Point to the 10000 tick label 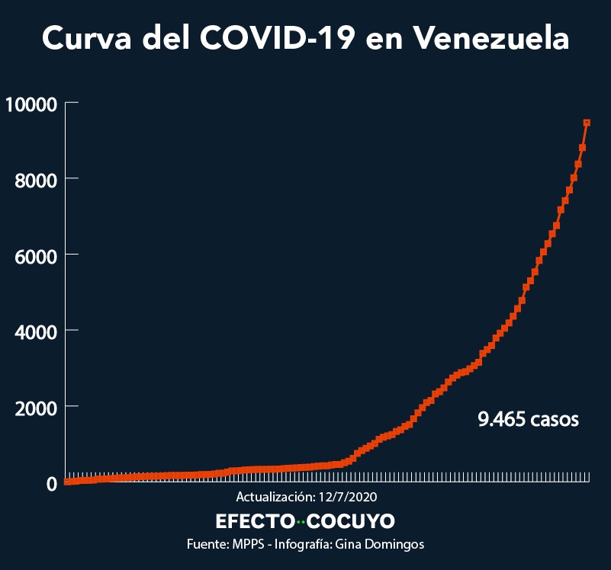click(31, 103)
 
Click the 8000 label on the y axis click(36, 179)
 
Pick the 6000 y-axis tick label click(36, 255)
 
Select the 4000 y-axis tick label click(36, 331)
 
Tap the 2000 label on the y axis click(36, 407)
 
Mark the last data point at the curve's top click(587, 122)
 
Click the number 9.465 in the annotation click(500, 418)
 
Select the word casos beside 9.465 click(555, 418)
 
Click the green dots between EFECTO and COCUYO click(301, 522)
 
